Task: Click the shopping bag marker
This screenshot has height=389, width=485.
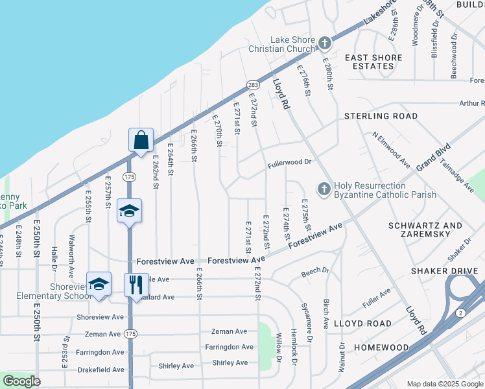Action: tap(141, 140)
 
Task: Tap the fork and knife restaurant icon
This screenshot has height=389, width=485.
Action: tap(136, 285)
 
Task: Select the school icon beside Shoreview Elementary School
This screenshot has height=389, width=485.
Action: tap(99, 285)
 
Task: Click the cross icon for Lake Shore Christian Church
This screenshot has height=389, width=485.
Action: tap(324, 44)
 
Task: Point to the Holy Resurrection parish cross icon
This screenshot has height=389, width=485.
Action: tap(324, 189)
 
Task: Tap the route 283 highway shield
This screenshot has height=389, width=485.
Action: tap(252, 86)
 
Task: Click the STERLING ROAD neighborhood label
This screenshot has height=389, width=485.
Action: tap(381, 116)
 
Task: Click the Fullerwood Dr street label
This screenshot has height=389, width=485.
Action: tap(290, 165)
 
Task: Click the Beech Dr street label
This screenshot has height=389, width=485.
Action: tap(315, 273)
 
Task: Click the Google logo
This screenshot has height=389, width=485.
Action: tap(21, 381)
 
